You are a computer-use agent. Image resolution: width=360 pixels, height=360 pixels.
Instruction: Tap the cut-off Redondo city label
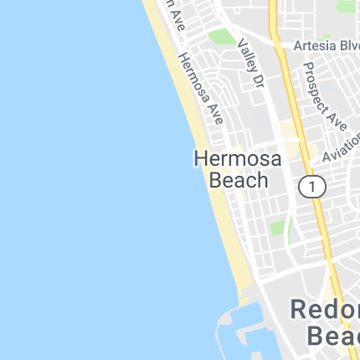pos(325,310)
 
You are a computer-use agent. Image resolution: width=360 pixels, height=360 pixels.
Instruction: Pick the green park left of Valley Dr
pos(222,38)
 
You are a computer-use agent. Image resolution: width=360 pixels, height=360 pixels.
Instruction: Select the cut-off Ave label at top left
pos(173,17)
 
